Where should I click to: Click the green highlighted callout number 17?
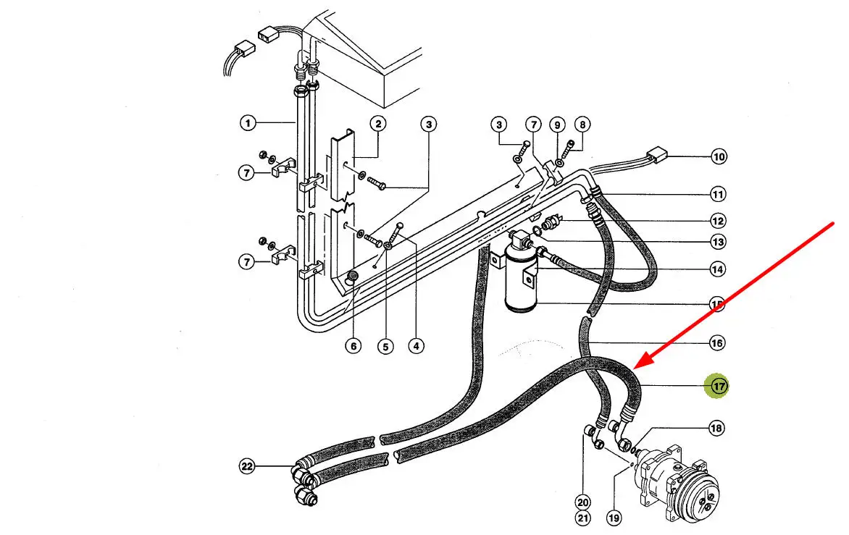718,387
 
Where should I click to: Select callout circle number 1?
248,124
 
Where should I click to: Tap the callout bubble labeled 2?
377,124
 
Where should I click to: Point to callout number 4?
415,346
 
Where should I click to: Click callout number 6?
353,346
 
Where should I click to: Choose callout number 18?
716,429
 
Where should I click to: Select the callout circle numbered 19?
614,518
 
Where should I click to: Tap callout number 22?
248,467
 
